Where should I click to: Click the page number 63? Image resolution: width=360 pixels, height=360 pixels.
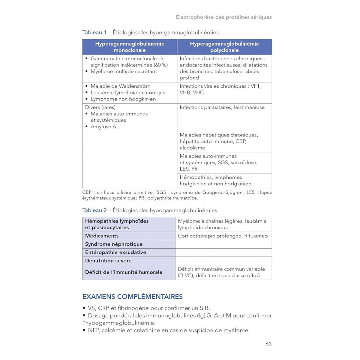[268, 344]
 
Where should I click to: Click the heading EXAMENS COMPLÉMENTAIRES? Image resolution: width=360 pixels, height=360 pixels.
[132, 297]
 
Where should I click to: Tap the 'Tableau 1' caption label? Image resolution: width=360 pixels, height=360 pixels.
[94, 32]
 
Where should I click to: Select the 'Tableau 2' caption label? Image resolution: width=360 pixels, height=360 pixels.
[94, 210]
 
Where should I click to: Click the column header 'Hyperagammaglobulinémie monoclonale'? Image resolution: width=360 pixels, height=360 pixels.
[130, 47]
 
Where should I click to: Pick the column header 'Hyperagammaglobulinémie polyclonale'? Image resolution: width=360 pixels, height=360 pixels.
[224, 47]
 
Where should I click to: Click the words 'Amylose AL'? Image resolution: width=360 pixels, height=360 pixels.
[105, 127]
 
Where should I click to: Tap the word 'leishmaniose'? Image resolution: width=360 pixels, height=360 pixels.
[249, 107]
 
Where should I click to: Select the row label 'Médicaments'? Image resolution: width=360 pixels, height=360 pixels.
[102, 236]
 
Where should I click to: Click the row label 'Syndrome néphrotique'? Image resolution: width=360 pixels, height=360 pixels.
[114, 244]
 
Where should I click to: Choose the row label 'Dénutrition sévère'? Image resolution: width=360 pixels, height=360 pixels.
[108, 261]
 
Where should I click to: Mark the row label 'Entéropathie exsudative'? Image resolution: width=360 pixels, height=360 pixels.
[115, 252]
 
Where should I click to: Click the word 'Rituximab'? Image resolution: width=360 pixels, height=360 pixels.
[256, 236]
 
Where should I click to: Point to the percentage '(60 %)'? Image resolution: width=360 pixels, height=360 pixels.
[161, 65]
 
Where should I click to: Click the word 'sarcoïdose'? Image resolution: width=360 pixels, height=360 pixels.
[244, 163]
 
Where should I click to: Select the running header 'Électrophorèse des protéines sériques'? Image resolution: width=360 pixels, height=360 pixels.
[224, 17]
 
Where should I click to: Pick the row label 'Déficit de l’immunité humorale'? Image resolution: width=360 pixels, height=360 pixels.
[124, 272]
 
